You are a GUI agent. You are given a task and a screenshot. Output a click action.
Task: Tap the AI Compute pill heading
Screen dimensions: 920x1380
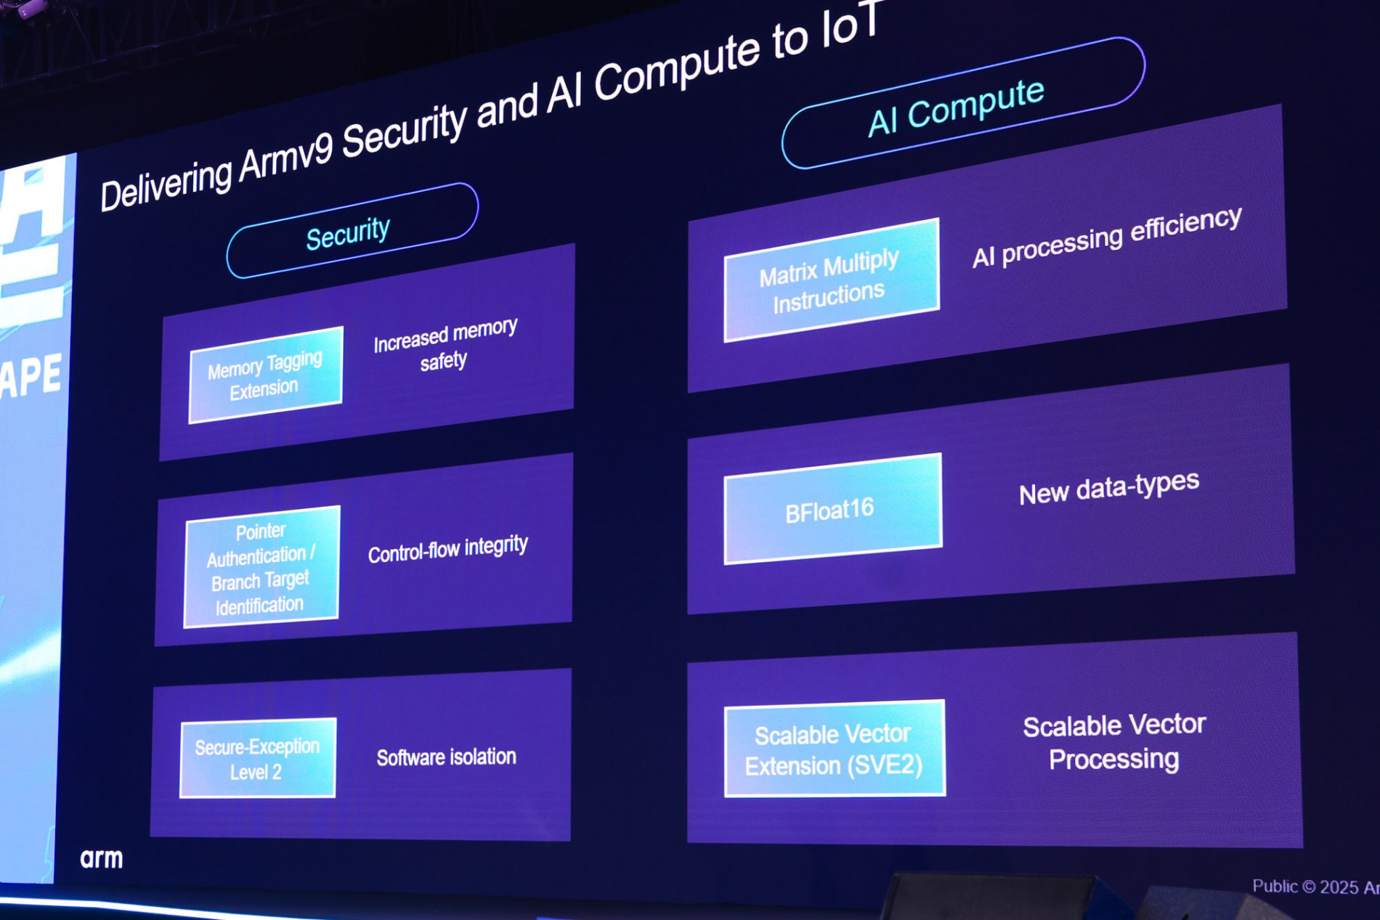click(959, 105)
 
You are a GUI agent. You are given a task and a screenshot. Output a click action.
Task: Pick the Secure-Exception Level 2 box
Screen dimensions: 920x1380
click(258, 758)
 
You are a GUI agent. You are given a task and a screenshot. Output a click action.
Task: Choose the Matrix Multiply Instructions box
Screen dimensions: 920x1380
click(831, 280)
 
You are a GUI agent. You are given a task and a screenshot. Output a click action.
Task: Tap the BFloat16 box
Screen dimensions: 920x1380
click(832, 510)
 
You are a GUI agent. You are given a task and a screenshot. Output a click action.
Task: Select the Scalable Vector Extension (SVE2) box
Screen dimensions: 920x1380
click(835, 749)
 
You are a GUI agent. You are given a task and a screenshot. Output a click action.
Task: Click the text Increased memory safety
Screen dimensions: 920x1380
click(445, 345)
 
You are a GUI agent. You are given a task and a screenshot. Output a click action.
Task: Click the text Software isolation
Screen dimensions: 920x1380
click(446, 757)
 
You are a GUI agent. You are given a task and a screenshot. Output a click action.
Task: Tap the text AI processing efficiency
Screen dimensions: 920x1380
click(1106, 237)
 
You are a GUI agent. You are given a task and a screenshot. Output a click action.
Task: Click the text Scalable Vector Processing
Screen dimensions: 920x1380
click(1114, 741)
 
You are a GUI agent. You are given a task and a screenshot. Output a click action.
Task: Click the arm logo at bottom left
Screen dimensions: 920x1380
click(102, 858)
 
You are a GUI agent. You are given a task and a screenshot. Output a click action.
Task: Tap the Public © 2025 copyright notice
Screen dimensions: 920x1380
click(1315, 887)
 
